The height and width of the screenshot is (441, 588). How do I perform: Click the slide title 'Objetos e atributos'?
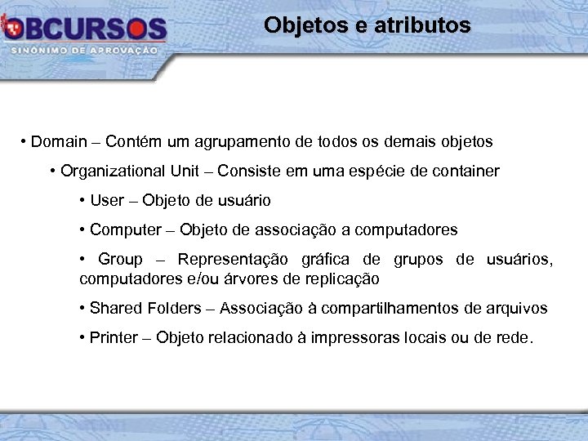point(367,25)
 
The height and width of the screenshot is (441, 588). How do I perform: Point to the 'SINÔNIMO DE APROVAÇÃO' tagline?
point(85,51)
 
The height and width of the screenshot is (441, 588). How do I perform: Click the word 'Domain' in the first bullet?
point(59,142)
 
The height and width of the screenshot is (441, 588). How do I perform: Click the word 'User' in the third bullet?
point(107,200)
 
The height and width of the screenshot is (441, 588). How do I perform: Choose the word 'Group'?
point(120,260)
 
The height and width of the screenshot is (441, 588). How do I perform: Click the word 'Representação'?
point(233,260)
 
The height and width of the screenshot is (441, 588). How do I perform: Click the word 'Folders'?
point(172,308)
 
